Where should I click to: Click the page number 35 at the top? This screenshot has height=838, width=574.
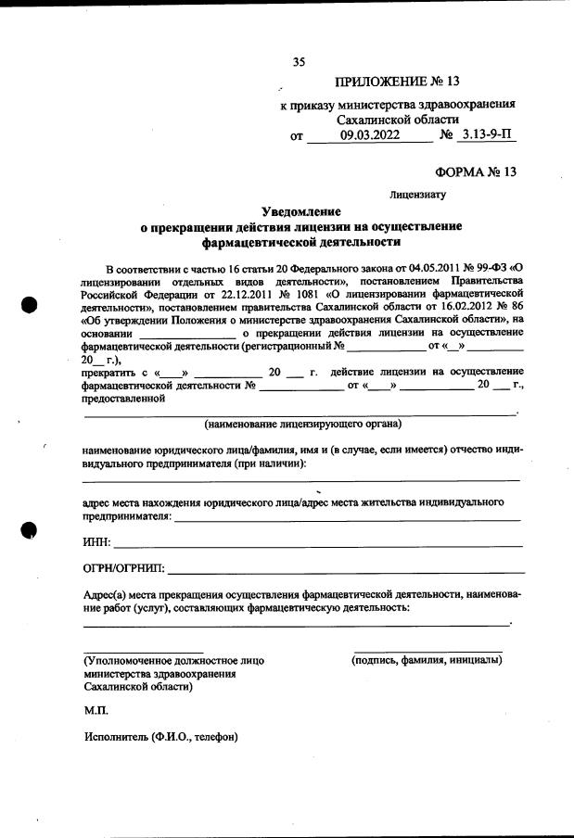[x=299, y=63]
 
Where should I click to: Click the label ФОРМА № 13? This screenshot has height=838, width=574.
[x=475, y=172]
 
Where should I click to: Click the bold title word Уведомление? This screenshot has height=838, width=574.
[x=300, y=212]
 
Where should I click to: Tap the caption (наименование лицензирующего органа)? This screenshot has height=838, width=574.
[x=302, y=424]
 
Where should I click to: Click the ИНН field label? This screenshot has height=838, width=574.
[x=96, y=541]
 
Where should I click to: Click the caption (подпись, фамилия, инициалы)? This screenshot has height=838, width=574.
[x=427, y=660]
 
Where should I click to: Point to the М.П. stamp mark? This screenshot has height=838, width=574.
[x=96, y=710]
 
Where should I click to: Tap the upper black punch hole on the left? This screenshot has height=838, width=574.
[x=30, y=306]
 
